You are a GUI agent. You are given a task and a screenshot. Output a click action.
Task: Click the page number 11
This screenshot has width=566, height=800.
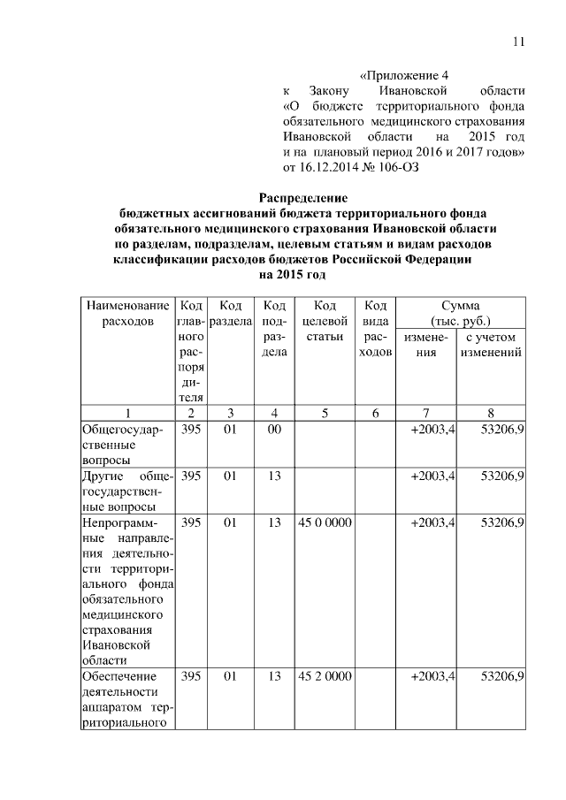(519, 42)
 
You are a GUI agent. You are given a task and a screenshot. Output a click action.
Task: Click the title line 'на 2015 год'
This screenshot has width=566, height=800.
(303, 275)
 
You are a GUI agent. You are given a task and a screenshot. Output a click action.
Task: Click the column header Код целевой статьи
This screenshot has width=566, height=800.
(325, 320)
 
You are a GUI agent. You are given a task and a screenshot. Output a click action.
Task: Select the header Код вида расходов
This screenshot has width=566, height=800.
(375, 328)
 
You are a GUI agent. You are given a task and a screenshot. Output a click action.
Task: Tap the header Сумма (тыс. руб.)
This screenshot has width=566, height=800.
(460, 312)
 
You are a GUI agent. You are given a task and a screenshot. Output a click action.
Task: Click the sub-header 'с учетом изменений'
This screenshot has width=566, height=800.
(491, 345)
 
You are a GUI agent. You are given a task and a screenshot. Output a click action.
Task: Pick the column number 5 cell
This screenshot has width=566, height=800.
(325, 412)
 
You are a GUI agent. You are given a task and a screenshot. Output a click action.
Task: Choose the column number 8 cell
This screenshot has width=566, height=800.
(491, 412)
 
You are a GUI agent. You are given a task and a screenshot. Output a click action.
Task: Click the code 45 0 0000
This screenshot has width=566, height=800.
(325, 523)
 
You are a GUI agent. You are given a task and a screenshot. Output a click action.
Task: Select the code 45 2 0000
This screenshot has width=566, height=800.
(325, 676)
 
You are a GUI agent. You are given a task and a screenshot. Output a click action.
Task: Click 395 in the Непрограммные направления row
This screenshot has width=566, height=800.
(191, 523)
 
